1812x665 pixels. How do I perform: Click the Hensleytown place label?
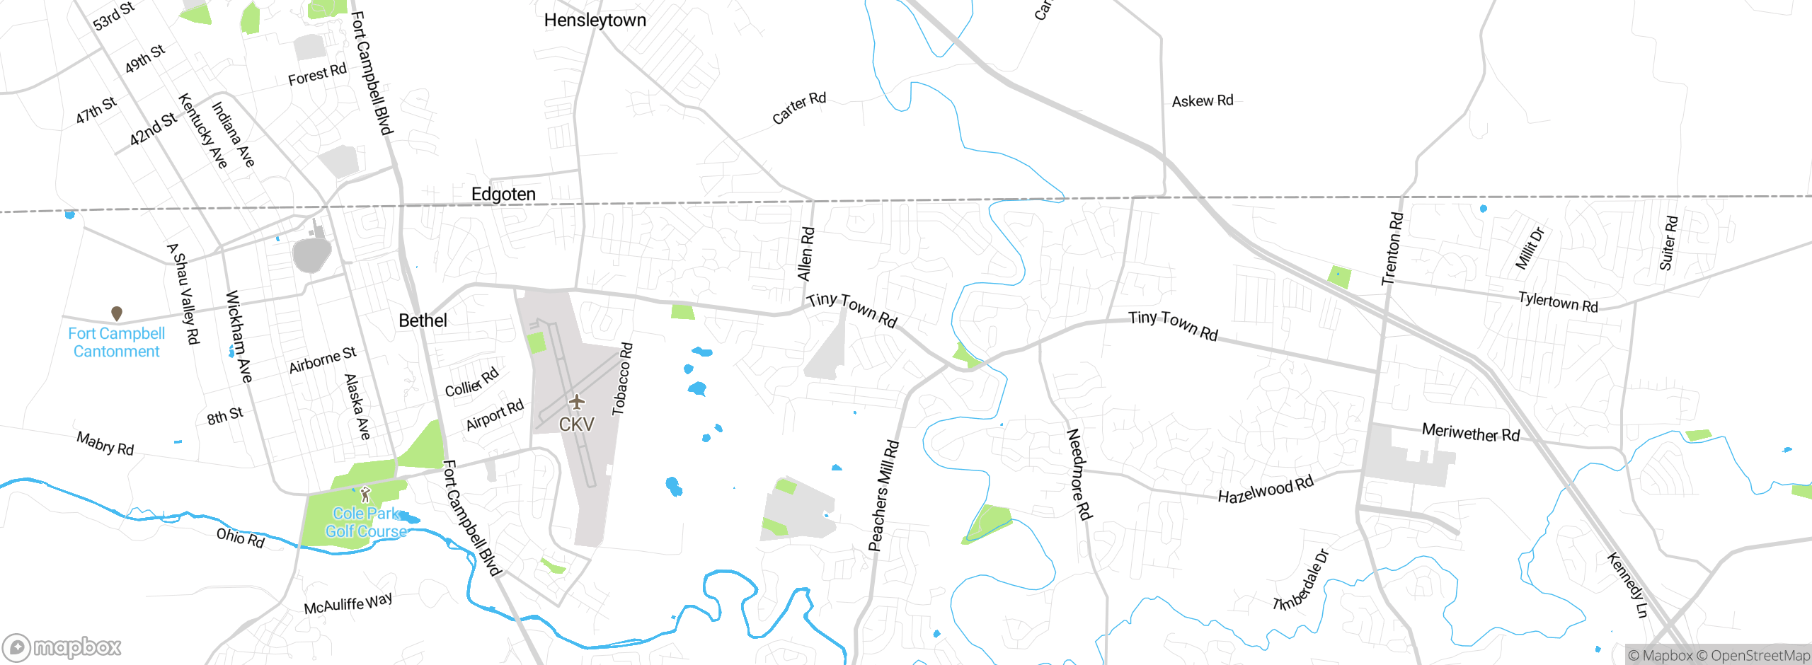(595, 21)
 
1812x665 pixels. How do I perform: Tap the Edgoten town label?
(503, 195)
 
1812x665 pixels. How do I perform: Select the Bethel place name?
(423, 320)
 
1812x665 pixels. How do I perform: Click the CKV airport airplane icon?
(577, 403)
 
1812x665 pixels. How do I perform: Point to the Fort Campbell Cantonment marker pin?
(117, 313)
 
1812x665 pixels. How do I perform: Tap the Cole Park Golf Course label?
(366, 522)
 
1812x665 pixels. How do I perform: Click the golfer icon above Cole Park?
(365, 495)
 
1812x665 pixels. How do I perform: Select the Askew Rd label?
(1202, 101)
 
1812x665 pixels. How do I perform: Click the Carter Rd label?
(798, 108)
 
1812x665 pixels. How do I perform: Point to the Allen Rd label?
(805, 254)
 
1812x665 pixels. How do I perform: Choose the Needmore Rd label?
(1079, 474)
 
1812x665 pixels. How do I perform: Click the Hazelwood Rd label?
(1265, 489)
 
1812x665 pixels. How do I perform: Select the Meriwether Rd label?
(1470, 432)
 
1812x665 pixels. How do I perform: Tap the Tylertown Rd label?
(1557, 302)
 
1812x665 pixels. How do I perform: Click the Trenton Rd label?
(1392, 249)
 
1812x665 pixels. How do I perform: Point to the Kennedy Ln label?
(1627, 584)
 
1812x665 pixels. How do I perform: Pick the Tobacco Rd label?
(622, 379)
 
